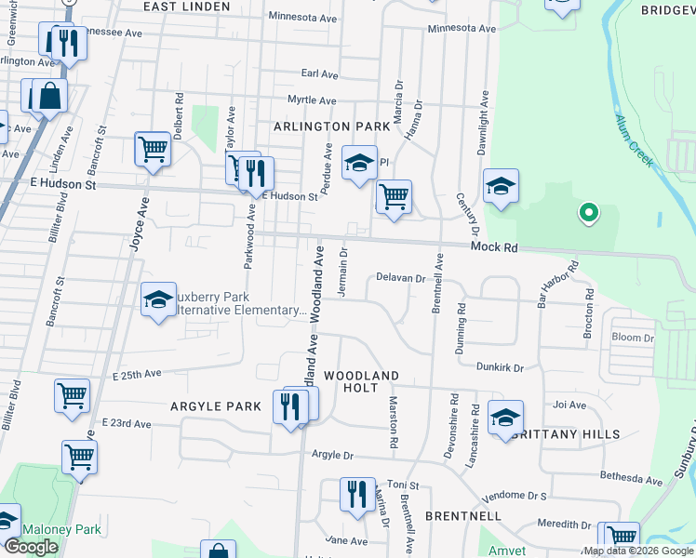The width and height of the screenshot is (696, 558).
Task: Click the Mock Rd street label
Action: pos(493,248)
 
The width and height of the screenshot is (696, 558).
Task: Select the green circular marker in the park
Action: pos(588,214)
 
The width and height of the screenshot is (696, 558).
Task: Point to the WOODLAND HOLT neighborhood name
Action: pos(361,381)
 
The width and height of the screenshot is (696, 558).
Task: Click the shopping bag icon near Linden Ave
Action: pos(49,96)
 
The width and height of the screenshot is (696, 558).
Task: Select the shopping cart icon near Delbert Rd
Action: pos(153,149)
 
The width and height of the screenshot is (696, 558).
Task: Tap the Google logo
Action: pos(31,547)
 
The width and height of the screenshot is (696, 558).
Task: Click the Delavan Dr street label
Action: pos(400,277)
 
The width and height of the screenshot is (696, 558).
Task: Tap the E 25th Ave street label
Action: pos(138,374)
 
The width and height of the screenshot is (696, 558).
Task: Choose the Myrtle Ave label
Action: pos(312,100)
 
